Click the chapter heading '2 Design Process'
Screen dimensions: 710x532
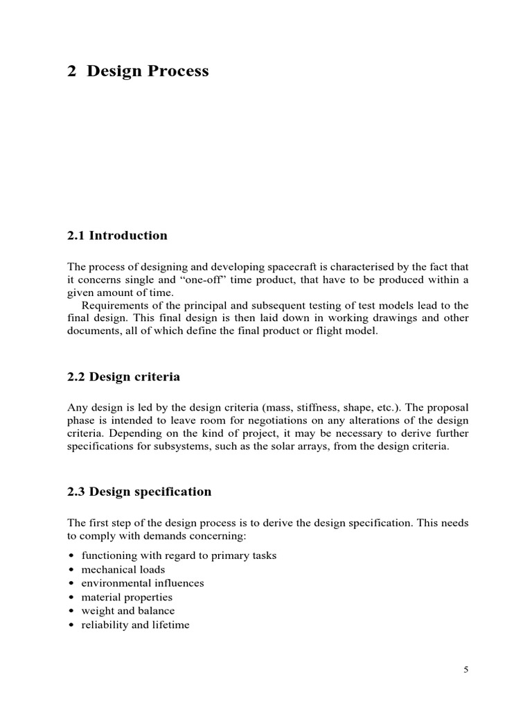tap(138, 71)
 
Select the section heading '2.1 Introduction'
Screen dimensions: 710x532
tap(117, 236)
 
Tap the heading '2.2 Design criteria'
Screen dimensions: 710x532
tap(123, 377)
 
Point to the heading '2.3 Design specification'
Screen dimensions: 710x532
tap(139, 492)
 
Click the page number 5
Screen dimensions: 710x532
tap(466, 669)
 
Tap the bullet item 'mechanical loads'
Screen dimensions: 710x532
tap(123, 570)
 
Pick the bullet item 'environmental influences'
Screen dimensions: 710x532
tap(143, 583)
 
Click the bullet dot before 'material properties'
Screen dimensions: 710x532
tap(72, 598)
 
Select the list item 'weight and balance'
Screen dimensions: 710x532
tap(128, 611)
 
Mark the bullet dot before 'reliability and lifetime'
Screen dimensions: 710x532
tap(72, 625)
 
